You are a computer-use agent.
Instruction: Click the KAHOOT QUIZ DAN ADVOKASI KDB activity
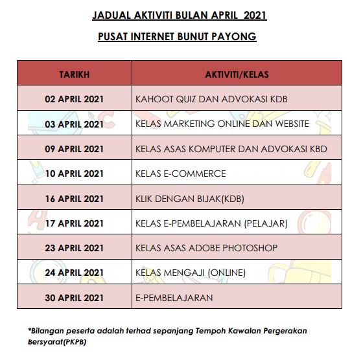(x=211, y=99)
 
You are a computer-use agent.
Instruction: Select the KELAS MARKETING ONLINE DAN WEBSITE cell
(x=222, y=124)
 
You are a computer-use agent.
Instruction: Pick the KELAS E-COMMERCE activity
(x=181, y=174)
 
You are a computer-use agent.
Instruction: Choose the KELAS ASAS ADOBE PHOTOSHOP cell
(x=206, y=248)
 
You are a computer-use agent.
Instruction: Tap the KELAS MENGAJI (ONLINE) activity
(x=191, y=273)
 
